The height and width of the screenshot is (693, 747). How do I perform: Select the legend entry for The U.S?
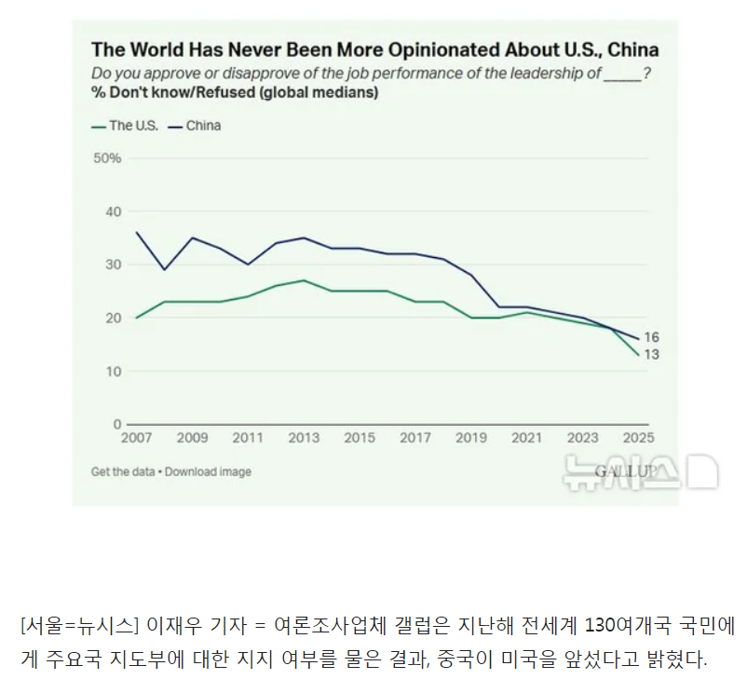[131, 126]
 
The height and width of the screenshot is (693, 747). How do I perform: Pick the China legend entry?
[202, 126]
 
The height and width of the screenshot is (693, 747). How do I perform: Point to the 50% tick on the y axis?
[108, 158]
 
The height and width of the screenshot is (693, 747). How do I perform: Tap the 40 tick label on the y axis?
[114, 211]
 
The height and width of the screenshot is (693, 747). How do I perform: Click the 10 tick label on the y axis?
[114, 372]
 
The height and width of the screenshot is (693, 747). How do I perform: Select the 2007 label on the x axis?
[136, 437]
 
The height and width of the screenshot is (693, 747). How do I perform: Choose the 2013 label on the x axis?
[304, 437]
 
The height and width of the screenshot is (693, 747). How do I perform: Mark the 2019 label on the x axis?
[472, 437]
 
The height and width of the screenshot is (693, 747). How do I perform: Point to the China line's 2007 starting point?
[137, 232]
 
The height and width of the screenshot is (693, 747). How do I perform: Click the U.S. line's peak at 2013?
[304, 280]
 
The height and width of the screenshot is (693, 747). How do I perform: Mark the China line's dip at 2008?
[165, 269]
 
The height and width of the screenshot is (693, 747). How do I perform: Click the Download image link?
[208, 471]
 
